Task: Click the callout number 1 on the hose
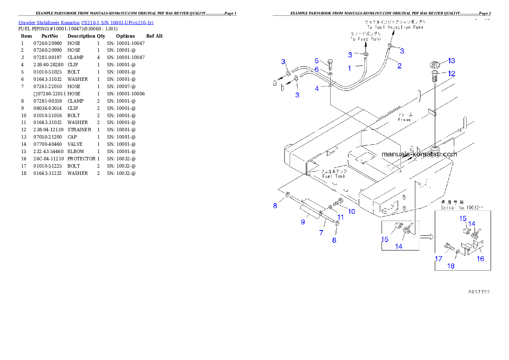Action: coord(349,68)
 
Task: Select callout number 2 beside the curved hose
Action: coord(399,66)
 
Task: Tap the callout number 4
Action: coord(317,89)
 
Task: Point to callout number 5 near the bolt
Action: coord(317,61)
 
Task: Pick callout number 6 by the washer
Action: coord(317,69)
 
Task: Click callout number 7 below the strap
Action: coord(321,233)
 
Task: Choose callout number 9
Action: coord(302,222)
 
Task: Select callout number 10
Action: coord(351,211)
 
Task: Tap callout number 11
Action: coord(340,217)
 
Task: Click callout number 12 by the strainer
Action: coord(452,74)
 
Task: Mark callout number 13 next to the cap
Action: coord(452,60)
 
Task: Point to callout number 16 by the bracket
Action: coord(480,259)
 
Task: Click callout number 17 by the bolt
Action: coord(438,259)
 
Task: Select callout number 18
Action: coord(451,266)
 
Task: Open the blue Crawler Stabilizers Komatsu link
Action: coord(86,22)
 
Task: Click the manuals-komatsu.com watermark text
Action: coord(419,154)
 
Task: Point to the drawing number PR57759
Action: coord(479,292)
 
